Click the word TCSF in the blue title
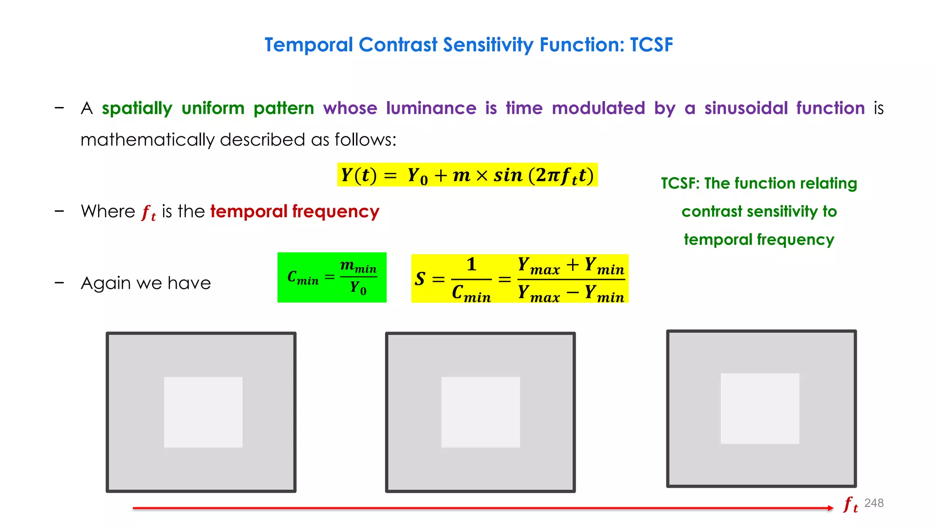pos(651,45)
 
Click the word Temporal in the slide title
pos(309,45)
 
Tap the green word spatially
pos(137,108)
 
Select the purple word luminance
pos(431,108)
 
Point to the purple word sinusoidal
pos(746,108)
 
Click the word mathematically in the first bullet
pos(147,140)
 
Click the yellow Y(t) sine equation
pos(467,175)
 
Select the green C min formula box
pos(332,277)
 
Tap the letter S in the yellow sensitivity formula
pos(420,279)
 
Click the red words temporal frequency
pos(294,211)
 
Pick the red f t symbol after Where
pos(148,213)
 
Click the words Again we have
pos(146,283)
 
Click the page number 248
pos(873,503)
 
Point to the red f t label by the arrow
pos(851,505)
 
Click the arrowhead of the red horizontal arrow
pos(830,508)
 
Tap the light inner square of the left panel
pos(203,412)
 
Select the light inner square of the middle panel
pos(480,412)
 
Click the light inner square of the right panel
pos(760,409)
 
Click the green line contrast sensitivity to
pos(759,211)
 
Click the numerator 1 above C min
pos(471,264)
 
